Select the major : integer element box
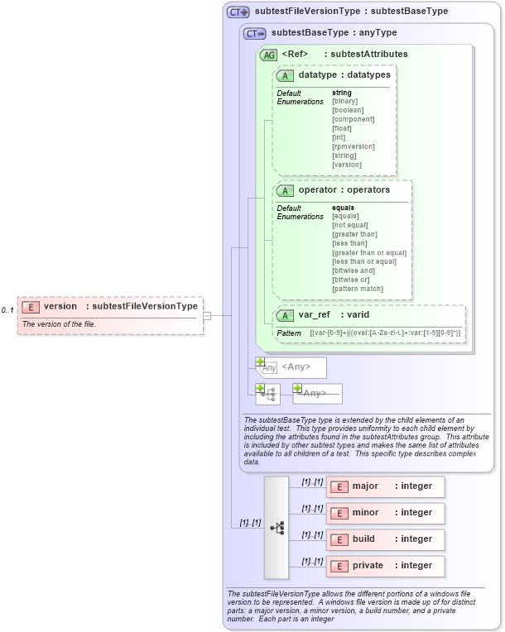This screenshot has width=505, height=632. (x=385, y=486)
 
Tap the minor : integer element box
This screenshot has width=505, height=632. (x=385, y=513)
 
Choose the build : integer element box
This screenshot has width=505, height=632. (x=385, y=539)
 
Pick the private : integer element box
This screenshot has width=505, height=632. (x=385, y=566)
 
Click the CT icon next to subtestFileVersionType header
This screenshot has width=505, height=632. (x=238, y=12)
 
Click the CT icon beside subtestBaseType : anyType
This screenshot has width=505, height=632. (x=254, y=33)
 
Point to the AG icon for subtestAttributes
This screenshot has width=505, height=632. (x=268, y=55)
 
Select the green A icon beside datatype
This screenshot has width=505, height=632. (x=286, y=75)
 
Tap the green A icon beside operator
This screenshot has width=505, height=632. (x=286, y=190)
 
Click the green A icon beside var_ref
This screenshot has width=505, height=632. (x=286, y=315)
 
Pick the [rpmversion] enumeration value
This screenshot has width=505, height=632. (x=353, y=146)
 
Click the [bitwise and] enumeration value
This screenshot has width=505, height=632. (x=354, y=271)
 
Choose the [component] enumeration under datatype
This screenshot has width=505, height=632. (x=353, y=119)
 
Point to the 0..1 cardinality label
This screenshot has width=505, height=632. (x=7, y=310)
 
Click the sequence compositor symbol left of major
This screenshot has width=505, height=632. (x=277, y=527)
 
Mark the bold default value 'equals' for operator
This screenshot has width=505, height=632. (x=343, y=208)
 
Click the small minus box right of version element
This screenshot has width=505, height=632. (x=207, y=315)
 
